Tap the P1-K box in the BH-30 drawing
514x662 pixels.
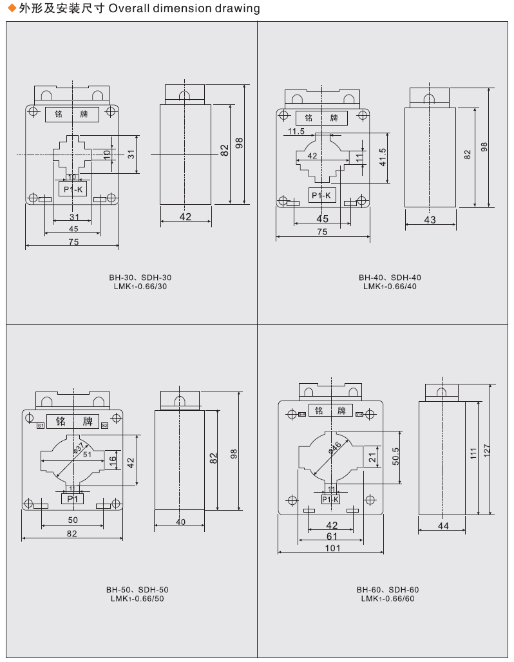click(x=72, y=189)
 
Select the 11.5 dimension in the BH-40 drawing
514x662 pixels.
click(x=296, y=131)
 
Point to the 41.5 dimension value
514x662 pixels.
click(x=383, y=157)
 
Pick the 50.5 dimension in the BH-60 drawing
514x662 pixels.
click(x=395, y=457)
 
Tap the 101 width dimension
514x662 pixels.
click(x=332, y=548)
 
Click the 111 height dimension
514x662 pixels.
click(x=473, y=453)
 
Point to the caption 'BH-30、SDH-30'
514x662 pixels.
click(x=140, y=278)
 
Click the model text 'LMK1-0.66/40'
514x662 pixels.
click(x=390, y=287)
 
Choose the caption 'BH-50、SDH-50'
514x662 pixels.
click(x=137, y=589)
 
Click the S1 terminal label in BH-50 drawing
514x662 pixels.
click(x=40, y=426)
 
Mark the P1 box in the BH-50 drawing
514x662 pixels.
click(x=72, y=498)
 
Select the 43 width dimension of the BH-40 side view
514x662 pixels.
click(x=430, y=220)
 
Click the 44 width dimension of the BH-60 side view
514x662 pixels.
click(x=443, y=526)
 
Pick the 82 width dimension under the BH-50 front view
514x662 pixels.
click(x=71, y=533)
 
